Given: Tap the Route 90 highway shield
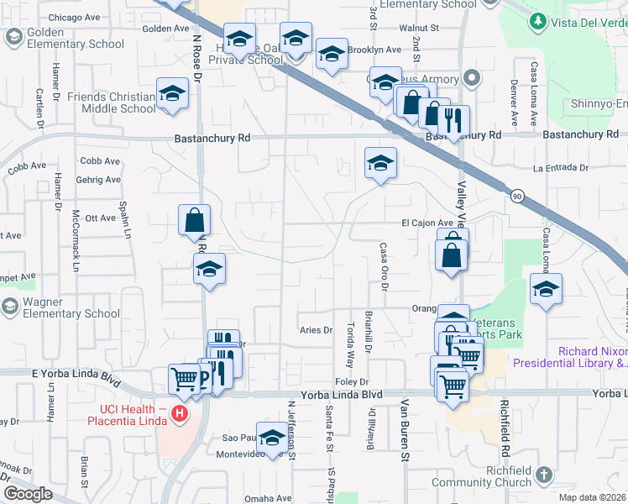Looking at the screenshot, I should click(515, 195).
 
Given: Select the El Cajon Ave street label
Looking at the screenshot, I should click(427, 223).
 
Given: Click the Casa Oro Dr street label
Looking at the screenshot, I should click(384, 266).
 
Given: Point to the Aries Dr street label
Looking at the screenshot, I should click(317, 330).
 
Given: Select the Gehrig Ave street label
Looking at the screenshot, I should click(100, 180).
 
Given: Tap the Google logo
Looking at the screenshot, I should click(28, 494).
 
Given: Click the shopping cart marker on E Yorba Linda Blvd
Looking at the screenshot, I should click(184, 378).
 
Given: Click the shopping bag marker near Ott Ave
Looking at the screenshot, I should click(194, 221).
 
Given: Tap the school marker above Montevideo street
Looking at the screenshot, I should click(272, 438).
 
